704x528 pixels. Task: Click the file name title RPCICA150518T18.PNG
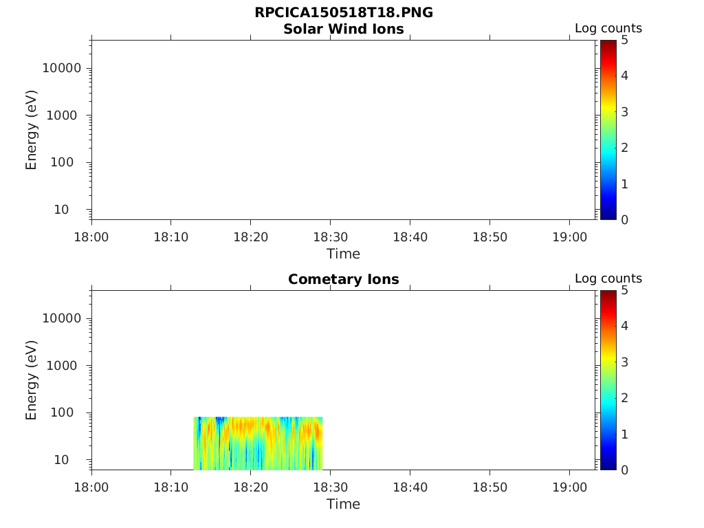[343, 12]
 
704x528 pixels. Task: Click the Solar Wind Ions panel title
[343, 29]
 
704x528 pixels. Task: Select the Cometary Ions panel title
[343, 279]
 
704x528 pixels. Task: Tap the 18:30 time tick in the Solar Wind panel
[330, 237]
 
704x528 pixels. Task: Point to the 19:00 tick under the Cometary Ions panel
[569, 487]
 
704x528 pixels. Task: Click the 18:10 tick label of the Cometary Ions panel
[170, 487]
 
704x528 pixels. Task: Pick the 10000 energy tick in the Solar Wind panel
[62, 68]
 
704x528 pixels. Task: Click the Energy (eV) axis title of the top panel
[32, 130]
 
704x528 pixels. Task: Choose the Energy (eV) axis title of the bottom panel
[32, 380]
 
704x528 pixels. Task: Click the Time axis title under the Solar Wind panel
[343, 254]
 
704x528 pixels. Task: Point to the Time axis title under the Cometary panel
[343, 504]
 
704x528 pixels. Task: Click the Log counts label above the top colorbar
[608, 28]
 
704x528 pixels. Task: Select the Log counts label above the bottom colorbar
[608, 278]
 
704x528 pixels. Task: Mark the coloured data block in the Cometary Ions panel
[258, 443]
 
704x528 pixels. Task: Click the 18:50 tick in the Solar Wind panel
[489, 237]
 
